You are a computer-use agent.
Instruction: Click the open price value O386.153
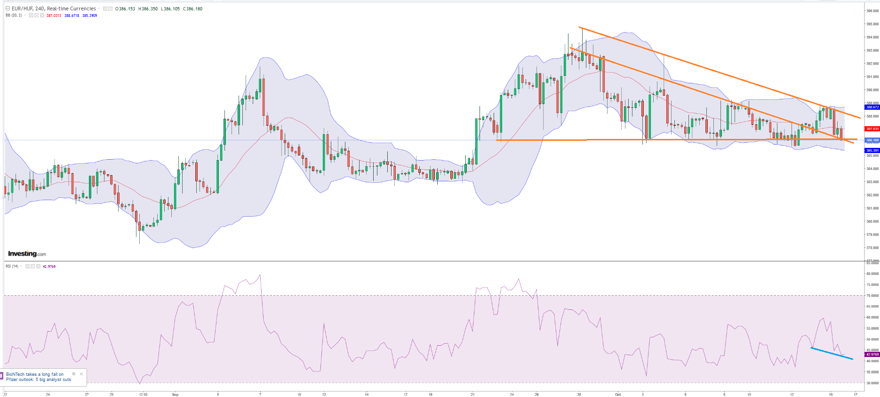(x=125, y=8)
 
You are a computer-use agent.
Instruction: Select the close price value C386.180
(x=193, y=8)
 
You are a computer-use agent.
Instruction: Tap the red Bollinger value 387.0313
(x=54, y=16)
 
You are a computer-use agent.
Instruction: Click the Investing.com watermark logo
(x=27, y=254)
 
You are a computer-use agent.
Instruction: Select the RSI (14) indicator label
(x=12, y=267)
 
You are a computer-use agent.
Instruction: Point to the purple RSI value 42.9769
(x=49, y=267)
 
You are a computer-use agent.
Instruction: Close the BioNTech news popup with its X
(x=81, y=374)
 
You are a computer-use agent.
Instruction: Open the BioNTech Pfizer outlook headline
(x=38, y=377)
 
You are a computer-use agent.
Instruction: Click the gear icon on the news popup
(x=74, y=374)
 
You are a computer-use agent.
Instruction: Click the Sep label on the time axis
(x=175, y=394)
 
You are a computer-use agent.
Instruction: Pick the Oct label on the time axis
(x=618, y=394)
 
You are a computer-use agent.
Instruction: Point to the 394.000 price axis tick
(x=872, y=37)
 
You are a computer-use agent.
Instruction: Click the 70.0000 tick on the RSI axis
(x=872, y=296)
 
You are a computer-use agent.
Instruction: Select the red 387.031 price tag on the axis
(x=872, y=129)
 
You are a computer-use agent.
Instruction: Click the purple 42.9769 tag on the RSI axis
(x=872, y=354)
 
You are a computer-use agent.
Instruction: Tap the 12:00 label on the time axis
(x=143, y=394)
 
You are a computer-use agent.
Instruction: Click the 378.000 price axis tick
(x=872, y=248)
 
